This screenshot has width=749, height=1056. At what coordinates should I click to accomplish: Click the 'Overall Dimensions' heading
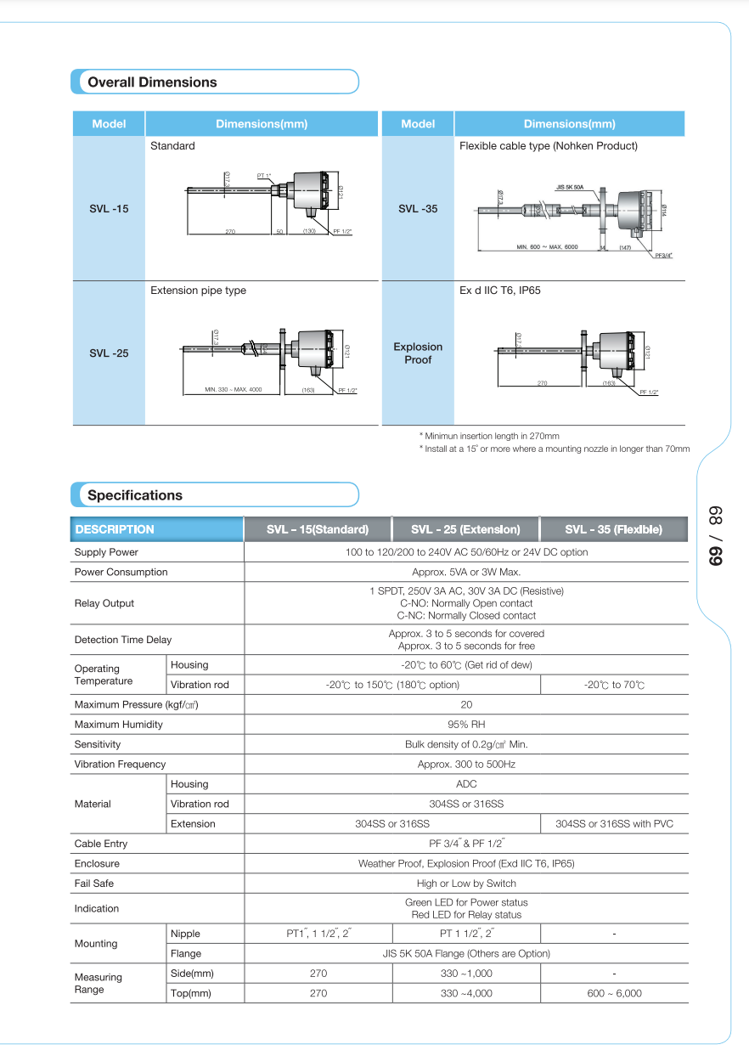click(x=152, y=82)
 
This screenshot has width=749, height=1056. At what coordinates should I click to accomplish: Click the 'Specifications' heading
click(x=135, y=495)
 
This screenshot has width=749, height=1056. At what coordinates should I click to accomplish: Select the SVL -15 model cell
click(x=109, y=208)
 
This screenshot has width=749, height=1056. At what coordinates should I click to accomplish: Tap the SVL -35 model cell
click(x=418, y=208)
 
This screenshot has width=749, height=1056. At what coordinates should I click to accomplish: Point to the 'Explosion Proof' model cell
click(x=418, y=353)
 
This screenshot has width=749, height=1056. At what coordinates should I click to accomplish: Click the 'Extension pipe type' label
click(x=198, y=291)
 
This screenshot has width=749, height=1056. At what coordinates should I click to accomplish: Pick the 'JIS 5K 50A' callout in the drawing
click(x=570, y=187)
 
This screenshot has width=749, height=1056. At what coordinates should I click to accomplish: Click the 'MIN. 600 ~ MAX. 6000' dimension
click(x=547, y=247)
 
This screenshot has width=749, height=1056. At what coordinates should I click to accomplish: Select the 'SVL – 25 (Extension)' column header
click(x=465, y=529)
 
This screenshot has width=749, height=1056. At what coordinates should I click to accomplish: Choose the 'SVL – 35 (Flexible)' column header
click(x=613, y=529)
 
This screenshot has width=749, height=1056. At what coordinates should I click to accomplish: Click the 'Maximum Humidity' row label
click(x=119, y=725)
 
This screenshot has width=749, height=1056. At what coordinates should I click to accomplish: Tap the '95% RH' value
click(x=466, y=725)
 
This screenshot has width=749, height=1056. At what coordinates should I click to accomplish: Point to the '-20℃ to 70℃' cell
click(x=614, y=685)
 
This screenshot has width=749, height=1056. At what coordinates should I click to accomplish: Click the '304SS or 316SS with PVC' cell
click(x=614, y=824)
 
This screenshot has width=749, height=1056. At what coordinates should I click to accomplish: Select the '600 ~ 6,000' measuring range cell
click(x=614, y=993)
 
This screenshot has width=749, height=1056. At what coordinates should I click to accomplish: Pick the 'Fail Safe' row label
click(x=94, y=884)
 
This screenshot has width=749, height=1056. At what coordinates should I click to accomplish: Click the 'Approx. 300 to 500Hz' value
click(x=466, y=765)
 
